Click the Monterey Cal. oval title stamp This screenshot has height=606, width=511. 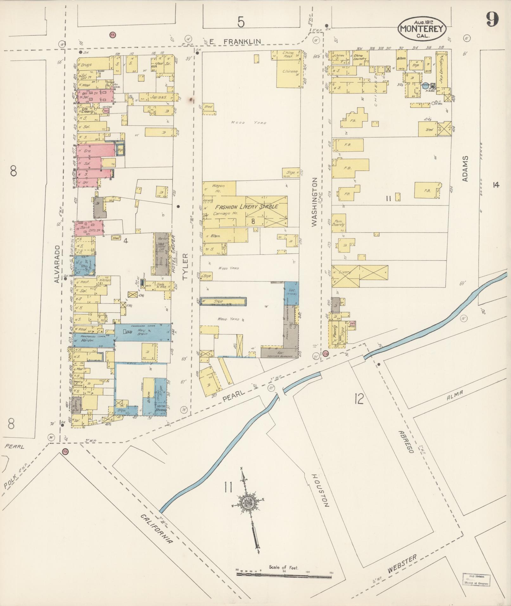pyautogui.click(x=422, y=29)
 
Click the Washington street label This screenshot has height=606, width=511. pyautogui.click(x=314, y=202)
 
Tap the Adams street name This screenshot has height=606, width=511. pyautogui.click(x=465, y=169)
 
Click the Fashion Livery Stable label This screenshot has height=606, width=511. pyautogui.click(x=246, y=207)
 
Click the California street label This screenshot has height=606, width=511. pyautogui.click(x=157, y=528)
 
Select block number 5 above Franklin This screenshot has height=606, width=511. pyautogui.click(x=241, y=22)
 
